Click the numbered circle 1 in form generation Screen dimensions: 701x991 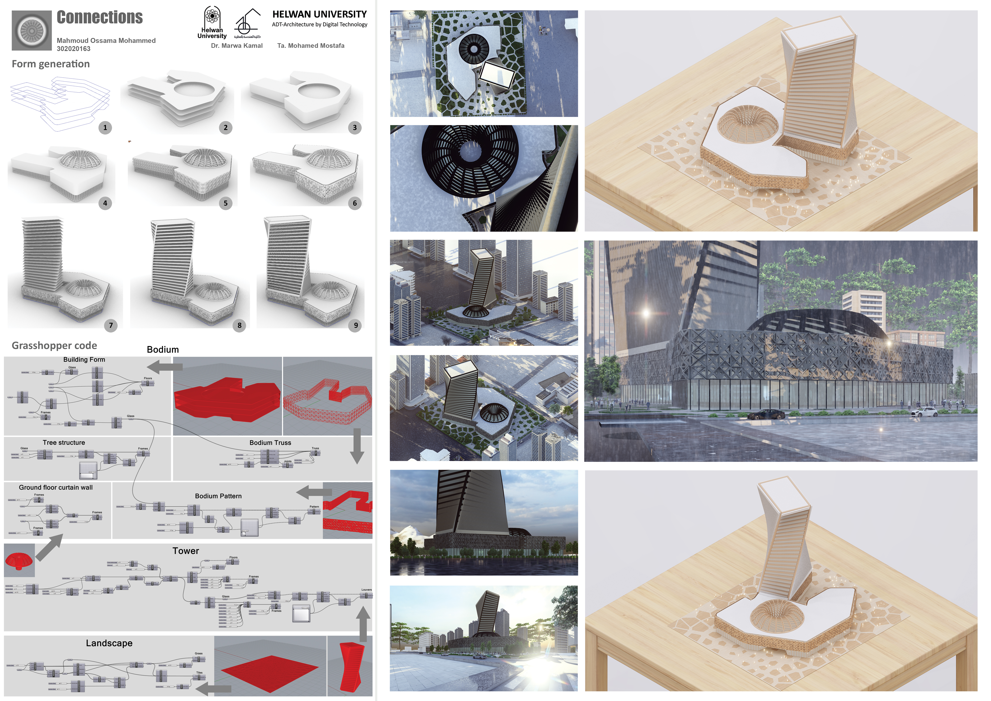tap(105, 128)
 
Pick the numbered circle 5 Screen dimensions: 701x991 tap(225, 203)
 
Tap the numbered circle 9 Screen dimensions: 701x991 tap(356, 325)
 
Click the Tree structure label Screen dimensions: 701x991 tap(64, 442)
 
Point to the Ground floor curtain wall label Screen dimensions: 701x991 tap(56, 487)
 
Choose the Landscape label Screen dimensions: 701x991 tap(109, 643)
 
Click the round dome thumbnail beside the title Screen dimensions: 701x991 tap(32, 30)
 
